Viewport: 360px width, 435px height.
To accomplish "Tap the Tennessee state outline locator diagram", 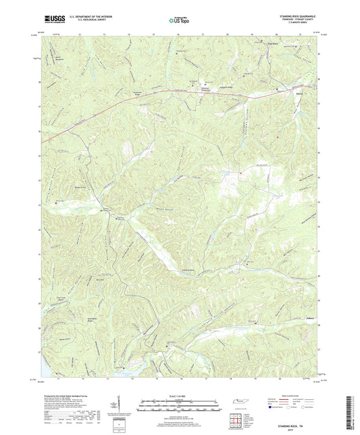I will point(240,403).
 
